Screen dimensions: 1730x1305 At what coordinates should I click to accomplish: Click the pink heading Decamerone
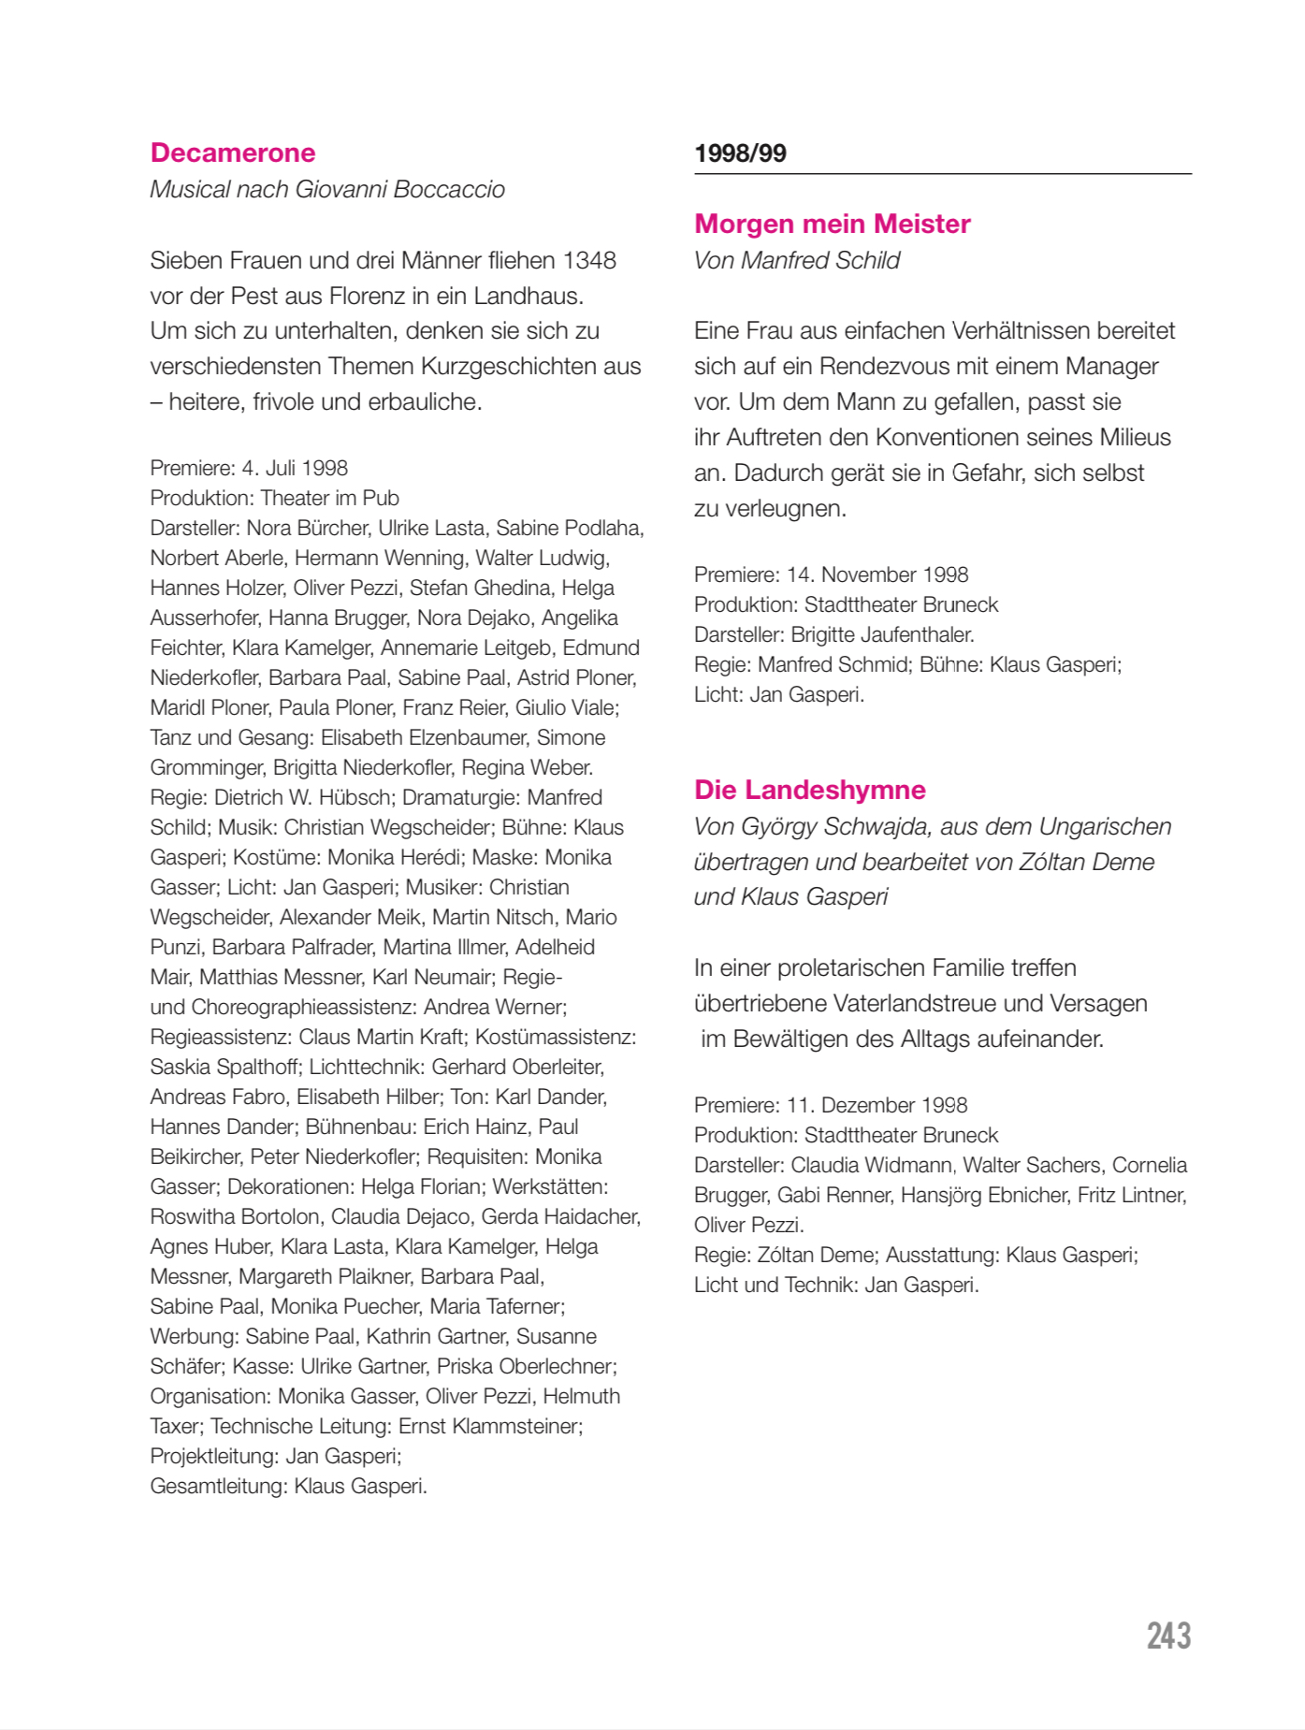(x=233, y=153)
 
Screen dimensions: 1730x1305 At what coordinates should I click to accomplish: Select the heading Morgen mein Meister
(x=832, y=224)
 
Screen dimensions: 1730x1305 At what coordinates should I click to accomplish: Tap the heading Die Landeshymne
(x=809, y=790)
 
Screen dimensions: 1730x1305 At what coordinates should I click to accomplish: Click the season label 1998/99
(x=740, y=153)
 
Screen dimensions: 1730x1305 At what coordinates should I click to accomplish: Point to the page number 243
(x=1168, y=1636)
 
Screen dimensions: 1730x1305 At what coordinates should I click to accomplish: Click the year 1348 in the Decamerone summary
(x=589, y=260)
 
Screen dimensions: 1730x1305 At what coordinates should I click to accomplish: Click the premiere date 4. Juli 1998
(x=295, y=468)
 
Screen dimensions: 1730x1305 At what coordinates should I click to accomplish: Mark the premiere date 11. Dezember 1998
(x=877, y=1105)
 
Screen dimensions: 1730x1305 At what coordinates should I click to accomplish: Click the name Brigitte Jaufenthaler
(x=881, y=634)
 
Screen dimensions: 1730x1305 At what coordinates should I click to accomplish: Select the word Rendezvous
(x=885, y=366)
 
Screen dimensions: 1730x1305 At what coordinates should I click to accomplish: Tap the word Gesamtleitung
(x=218, y=1486)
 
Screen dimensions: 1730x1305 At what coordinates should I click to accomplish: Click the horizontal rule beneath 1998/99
(x=942, y=174)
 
